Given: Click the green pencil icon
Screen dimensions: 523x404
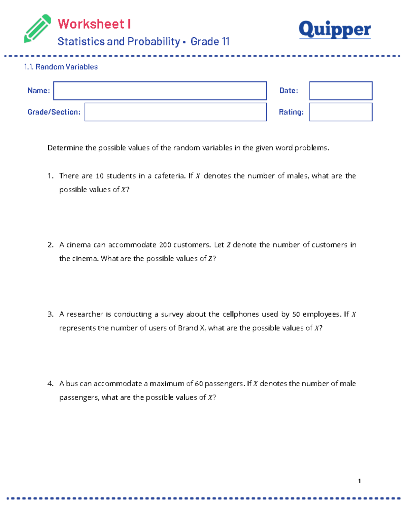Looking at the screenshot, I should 37,29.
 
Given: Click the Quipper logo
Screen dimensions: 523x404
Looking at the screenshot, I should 335,30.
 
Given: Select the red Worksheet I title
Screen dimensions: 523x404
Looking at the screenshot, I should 94,24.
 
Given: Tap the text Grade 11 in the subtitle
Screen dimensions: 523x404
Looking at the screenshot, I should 210,41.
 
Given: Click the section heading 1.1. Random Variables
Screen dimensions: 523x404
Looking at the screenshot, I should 61,67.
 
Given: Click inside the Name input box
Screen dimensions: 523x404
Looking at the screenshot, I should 160,91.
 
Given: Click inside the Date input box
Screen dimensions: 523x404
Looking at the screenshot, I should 341,91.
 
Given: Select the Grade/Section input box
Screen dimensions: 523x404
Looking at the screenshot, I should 175,112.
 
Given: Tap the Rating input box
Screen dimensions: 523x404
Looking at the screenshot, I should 341,112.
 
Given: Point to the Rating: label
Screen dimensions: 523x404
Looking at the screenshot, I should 291,112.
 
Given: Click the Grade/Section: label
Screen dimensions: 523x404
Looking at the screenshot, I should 54,112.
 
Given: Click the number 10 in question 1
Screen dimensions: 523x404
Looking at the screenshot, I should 100,176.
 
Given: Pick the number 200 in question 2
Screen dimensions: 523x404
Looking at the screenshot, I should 165,245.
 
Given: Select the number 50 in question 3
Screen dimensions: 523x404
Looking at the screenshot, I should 296,315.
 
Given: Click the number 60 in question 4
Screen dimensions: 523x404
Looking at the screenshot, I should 199,384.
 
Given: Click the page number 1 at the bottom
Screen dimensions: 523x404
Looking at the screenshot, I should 360,481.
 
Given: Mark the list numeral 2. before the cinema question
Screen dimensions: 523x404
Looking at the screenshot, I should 50,245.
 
